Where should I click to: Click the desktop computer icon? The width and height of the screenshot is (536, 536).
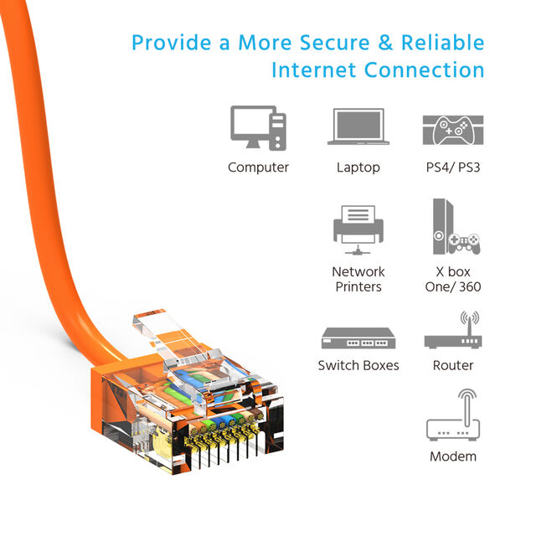click(259, 128)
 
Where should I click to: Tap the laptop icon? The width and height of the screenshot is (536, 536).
click(358, 126)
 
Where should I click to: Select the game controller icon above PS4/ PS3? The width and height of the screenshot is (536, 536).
click(453, 130)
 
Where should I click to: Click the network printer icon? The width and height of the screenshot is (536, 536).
click(358, 229)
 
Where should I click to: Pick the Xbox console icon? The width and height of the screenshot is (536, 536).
click(456, 227)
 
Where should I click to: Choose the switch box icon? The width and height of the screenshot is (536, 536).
click(358, 338)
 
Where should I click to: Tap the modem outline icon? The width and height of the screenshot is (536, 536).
click(453, 415)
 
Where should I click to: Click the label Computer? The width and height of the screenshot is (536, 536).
click(259, 167)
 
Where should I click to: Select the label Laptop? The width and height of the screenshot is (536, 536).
click(358, 167)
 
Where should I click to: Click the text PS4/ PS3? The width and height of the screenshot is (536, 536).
click(453, 167)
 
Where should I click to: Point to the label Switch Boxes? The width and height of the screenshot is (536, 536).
click(358, 365)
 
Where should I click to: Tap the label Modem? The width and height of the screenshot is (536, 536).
click(453, 456)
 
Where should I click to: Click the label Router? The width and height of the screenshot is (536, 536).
click(453, 365)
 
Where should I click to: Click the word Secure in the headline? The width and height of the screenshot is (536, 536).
click(335, 43)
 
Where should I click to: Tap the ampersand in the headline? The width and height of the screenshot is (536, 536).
click(385, 43)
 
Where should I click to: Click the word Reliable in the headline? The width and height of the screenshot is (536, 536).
click(443, 43)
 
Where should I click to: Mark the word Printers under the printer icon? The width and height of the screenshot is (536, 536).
click(358, 286)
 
